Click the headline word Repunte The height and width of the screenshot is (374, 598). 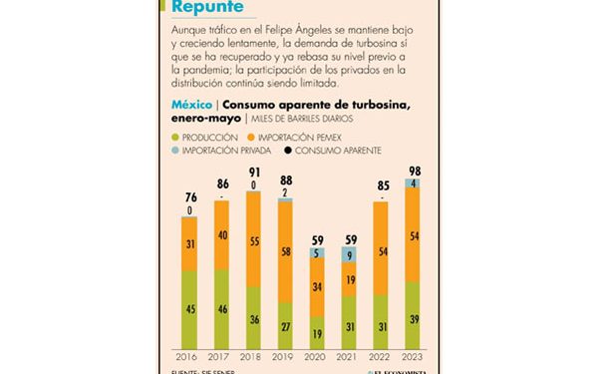click(207, 8)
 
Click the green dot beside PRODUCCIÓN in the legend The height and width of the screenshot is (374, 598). click(175, 137)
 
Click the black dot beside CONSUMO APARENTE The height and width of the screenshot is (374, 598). click(288, 150)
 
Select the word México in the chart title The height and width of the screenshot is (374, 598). click(190, 104)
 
